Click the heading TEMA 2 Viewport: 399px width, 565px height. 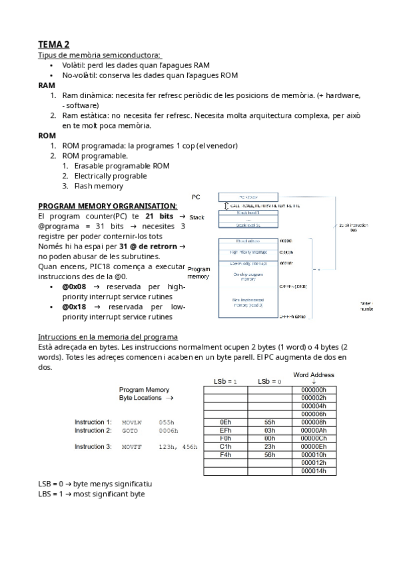point(53,44)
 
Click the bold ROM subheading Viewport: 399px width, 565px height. point(47,135)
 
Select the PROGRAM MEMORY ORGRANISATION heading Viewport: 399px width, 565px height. point(108,206)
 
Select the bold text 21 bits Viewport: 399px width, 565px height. point(160,217)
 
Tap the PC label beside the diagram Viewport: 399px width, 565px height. point(196,197)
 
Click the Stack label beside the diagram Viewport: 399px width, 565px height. point(197,218)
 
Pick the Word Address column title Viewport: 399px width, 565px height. point(313,375)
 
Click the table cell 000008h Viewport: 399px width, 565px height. point(313,422)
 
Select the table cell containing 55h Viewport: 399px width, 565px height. point(269,422)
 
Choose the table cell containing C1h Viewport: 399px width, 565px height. point(224,446)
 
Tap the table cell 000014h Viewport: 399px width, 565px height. point(313,470)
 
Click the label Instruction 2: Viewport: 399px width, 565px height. point(93,431)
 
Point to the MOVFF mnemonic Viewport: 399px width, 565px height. point(131,446)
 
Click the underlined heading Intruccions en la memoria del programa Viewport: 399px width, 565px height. point(107,336)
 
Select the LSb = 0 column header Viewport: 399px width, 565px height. point(269,381)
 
